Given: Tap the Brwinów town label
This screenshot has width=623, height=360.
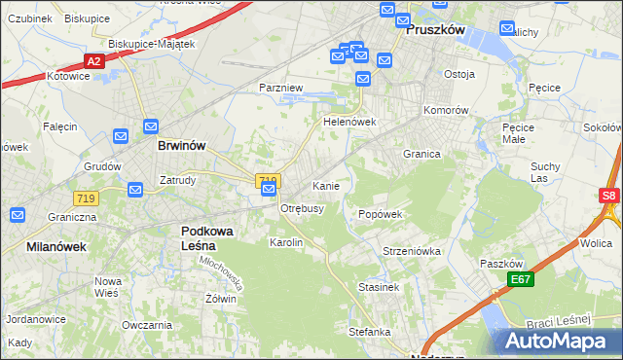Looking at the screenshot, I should pyautogui.click(x=181, y=145).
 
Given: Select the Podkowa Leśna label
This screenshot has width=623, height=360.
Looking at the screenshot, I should pyautogui.click(x=211, y=237).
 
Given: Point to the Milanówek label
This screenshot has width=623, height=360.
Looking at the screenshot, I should pyautogui.click(x=56, y=246).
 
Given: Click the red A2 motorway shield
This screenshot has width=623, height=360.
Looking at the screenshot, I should pyautogui.click(x=93, y=61).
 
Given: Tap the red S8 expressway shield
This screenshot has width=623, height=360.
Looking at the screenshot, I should pyautogui.click(x=609, y=196).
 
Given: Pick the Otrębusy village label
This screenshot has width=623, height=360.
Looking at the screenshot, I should pyautogui.click(x=303, y=208).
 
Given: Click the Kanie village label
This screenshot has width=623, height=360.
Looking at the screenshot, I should pyautogui.click(x=325, y=185).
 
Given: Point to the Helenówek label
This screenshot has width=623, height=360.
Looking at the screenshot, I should pyautogui.click(x=349, y=123).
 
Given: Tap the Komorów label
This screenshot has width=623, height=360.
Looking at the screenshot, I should pyautogui.click(x=447, y=110).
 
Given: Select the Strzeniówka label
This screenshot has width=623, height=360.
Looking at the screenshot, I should pyautogui.click(x=412, y=251).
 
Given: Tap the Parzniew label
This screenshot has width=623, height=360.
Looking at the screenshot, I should pyautogui.click(x=281, y=88).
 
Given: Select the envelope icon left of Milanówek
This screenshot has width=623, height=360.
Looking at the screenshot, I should pyautogui.click(x=18, y=215).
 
